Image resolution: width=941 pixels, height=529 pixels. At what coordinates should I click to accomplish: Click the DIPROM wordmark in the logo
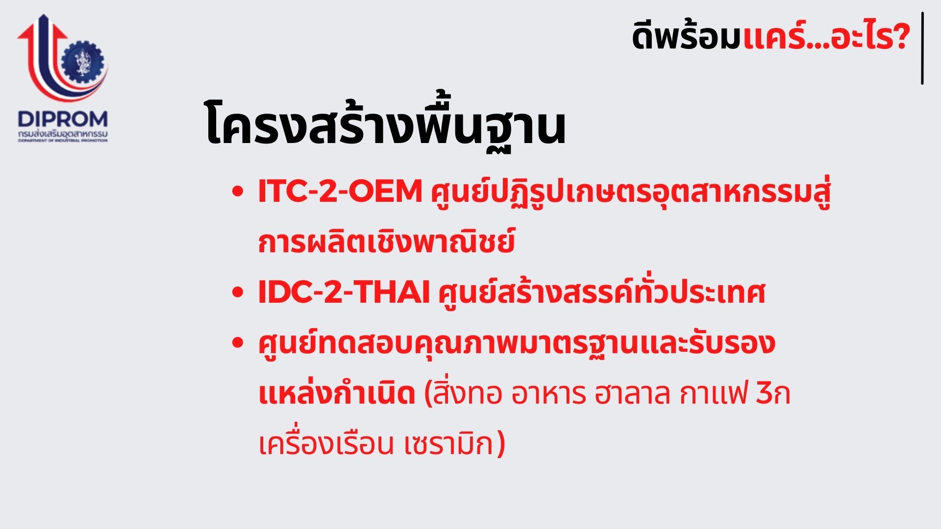(x=63, y=120)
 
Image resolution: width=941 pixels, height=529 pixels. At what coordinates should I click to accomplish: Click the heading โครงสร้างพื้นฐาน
(x=385, y=125)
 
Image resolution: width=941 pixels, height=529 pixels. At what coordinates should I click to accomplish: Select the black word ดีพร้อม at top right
(x=686, y=36)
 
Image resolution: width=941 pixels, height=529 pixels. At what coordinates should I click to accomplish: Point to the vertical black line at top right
(x=922, y=48)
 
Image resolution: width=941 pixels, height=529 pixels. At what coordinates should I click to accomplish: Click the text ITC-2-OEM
(x=340, y=191)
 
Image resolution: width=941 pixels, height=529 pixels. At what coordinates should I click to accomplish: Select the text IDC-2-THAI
(x=344, y=292)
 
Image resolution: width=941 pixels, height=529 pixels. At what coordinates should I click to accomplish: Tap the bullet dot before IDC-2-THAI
(x=238, y=293)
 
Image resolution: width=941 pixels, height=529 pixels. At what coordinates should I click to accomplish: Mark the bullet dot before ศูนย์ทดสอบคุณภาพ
(x=238, y=343)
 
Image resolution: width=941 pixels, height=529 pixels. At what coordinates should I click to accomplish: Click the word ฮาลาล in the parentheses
(x=632, y=394)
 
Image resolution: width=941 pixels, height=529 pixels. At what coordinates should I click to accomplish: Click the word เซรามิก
(x=449, y=444)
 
